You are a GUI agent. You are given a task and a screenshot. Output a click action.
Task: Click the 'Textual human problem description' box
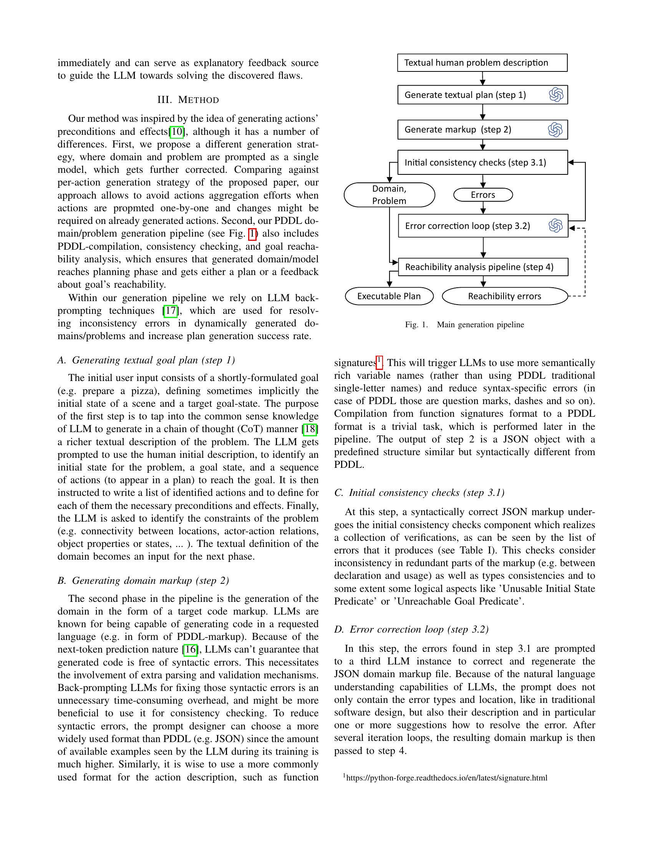click(x=482, y=63)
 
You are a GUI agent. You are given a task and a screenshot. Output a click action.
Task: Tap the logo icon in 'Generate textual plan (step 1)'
click(x=556, y=95)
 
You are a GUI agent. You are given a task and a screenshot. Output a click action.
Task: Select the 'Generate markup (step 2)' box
click(x=482, y=129)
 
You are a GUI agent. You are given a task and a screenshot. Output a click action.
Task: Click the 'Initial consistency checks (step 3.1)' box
click(x=482, y=162)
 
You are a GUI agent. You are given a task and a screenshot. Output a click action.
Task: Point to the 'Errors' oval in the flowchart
click(x=483, y=195)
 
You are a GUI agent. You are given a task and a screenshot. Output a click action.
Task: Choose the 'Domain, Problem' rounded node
click(x=389, y=195)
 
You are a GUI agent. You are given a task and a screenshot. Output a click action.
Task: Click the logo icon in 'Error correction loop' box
click(x=555, y=225)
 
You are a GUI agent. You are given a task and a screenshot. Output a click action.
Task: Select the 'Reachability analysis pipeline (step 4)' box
click(x=483, y=267)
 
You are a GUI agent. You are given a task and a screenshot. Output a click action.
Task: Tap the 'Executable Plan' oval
click(x=389, y=296)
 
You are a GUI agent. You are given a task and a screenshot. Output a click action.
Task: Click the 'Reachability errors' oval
click(x=504, y=296)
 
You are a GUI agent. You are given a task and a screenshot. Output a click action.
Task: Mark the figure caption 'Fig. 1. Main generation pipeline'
click(x=464, y=325)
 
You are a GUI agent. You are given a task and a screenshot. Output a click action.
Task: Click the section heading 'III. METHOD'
click(x=188, y=100)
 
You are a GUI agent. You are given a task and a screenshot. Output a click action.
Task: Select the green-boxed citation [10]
click(x=177, y=131)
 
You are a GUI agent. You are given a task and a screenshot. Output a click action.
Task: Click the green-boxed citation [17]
click(x=170, y=311)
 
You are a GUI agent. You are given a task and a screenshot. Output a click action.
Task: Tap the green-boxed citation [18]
click(x=310, y=429)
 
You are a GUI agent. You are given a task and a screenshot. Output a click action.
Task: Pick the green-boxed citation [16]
click(x=190, y=649)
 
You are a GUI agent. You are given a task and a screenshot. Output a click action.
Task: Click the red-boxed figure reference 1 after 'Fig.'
click(x=252, y=234)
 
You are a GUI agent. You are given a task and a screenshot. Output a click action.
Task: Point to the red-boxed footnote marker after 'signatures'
click(x=379, y=362)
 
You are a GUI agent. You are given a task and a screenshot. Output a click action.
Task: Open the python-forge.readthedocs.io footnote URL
click(x=446, y=778)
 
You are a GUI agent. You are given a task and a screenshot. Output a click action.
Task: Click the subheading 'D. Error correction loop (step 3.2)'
click(x=411, y=630)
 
